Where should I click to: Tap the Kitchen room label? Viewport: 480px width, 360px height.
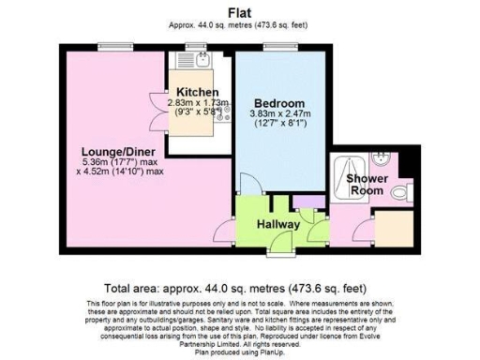[198, 92]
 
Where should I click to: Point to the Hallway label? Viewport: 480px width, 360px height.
[278, 224]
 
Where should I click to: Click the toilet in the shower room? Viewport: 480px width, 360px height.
[400, 193]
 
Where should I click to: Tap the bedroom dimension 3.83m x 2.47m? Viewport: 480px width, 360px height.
[279, 115]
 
